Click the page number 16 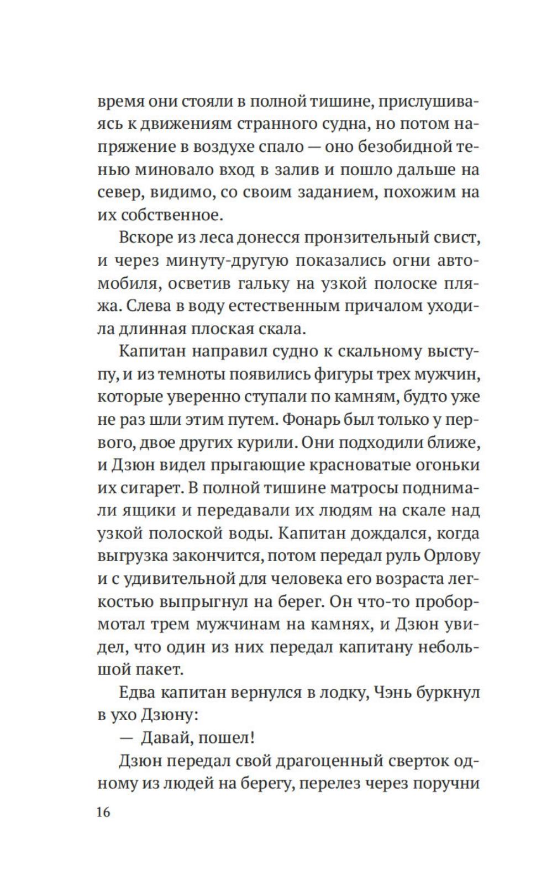pyautogui.click(x=104, y=812)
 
